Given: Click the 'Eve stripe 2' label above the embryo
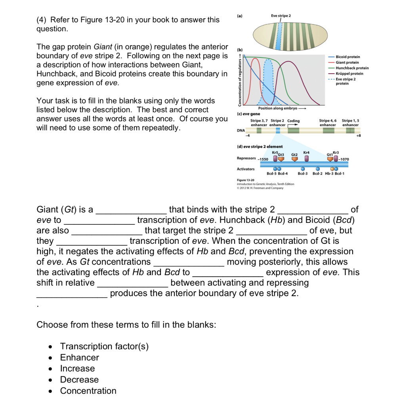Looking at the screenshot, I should (280, 15).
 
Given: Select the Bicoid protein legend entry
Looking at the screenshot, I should (347, 57).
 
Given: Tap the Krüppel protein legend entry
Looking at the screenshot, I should (349, 74).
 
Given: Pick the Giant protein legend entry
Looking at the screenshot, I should (347, 63).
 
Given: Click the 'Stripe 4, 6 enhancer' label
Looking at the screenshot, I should (328, 123).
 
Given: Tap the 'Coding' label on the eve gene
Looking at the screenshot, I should (294, 121).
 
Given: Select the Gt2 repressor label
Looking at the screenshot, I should (294, 154).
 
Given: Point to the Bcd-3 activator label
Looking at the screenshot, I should (303, 174).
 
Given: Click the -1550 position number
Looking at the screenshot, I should (263, 159).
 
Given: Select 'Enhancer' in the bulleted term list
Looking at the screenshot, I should (79, 357).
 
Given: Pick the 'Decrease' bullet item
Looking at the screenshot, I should (79, 379).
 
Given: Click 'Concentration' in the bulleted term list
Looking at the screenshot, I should (88, 391).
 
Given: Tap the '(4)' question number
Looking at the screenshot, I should (42, 20).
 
